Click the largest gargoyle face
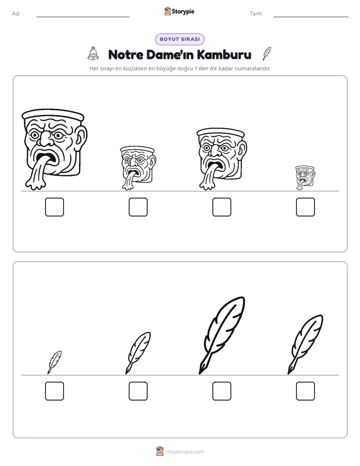coord(54,149)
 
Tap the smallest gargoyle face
coord(305,178)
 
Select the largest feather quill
coord(222,335)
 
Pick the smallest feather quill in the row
coord(54,362)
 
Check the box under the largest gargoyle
coord(54,207)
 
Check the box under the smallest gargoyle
coord(306,207)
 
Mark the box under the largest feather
coord(222,391)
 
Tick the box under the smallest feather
coord(54,391)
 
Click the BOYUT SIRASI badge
coord(179,39)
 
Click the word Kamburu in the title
coord(224,54)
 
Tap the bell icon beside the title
coord(93,53)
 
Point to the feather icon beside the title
coord(267,53)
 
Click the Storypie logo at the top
coord(179,11)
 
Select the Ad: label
coord(16,14)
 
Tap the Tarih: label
coord(256,14)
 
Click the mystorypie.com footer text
coord(185,452)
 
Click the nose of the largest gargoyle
coord(45,139)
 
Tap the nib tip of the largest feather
coord(199,374)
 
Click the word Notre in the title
coord(126,54)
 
